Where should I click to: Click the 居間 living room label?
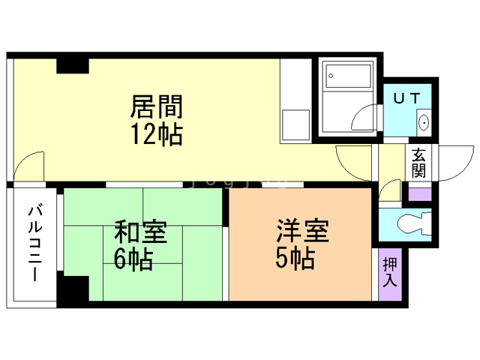tap(157, 106)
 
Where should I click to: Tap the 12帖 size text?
tap(157, 135)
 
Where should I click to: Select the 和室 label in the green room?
tap(140, 232)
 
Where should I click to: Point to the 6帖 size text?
tap(133, 259)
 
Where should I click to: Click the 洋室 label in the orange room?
tap(302, 230)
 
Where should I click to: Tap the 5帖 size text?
tap(295, 258)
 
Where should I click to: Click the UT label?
tap(406, 98)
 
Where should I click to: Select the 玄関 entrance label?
tap(418, 163)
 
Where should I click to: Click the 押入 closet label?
tap(390, 272)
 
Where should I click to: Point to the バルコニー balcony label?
tap(35, 244)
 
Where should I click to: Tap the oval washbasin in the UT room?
tap(424, 122)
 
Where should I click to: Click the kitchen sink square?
tap(295, 125)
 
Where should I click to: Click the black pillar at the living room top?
tap(73, 66)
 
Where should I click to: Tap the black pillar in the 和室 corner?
tap(73, 288)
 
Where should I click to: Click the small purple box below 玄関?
tap(420, 194)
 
